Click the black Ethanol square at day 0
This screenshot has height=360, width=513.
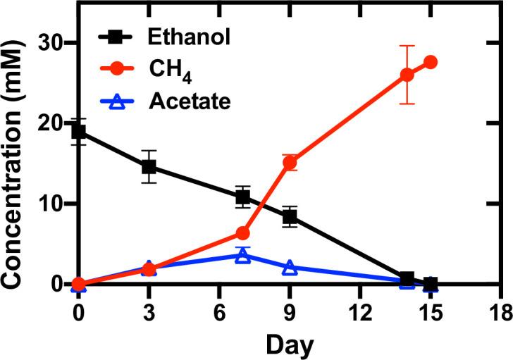pos(78,132)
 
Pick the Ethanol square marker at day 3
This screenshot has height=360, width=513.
pos(149,167)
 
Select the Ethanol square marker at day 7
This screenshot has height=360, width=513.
pos(242,197)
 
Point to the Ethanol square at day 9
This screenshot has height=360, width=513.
pos(290,217)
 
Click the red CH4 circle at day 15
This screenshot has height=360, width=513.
pos(431,62)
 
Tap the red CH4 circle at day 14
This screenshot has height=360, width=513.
pos(407,75)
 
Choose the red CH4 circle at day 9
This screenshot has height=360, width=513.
pos(290,163)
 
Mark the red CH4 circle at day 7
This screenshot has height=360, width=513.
pos(242,233)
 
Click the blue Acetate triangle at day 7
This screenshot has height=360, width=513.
pos(242,255)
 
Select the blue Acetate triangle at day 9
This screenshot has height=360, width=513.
pos(290,268)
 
